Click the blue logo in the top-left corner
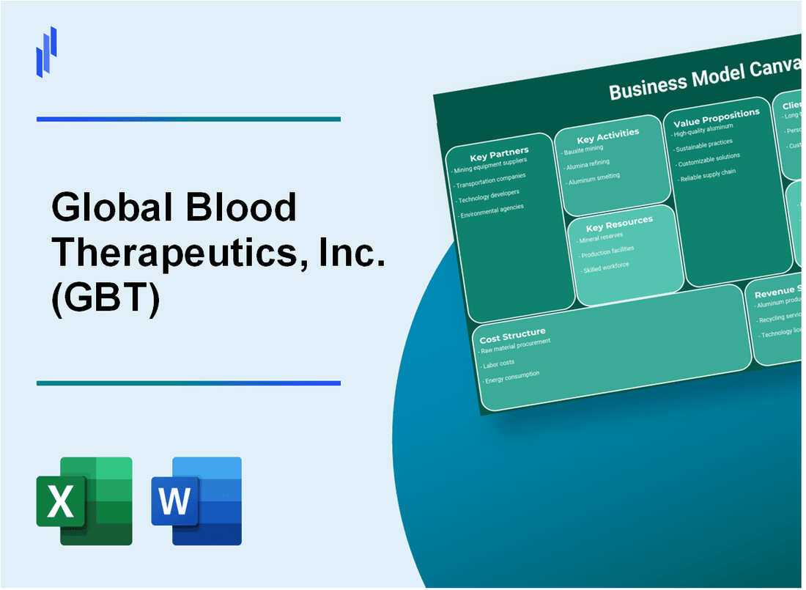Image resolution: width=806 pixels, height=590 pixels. tap(47, 51)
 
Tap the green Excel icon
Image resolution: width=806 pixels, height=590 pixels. tap(84, 501)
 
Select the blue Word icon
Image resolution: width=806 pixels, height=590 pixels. tap(196, 501)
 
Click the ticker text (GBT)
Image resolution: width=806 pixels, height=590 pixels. tap(106, 298)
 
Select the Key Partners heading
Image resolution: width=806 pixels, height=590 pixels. tap(499, 153)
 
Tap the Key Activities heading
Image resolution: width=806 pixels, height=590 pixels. tap(607, 135)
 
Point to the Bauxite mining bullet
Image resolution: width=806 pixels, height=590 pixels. tap(584, 150)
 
